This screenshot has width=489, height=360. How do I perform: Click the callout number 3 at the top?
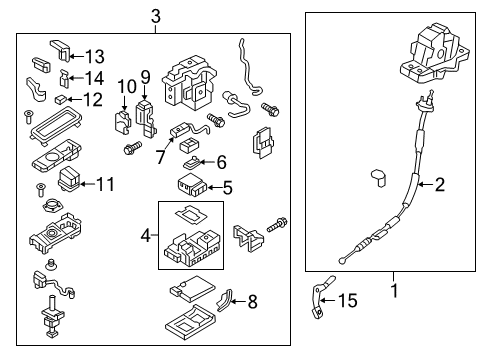pos(155,15)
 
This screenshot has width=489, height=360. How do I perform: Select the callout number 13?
pos(94,55)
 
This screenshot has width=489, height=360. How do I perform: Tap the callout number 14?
pos(94,77)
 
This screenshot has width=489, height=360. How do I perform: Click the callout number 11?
pos(105,184)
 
